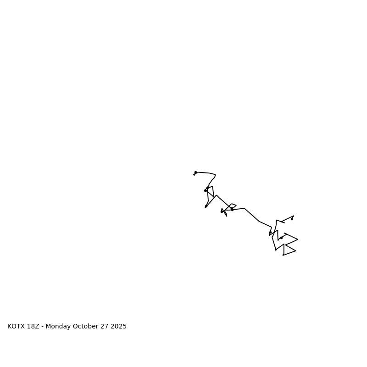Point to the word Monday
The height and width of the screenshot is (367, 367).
(x=58, y=327)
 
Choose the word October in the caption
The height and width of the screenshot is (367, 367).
(x=85, y=327)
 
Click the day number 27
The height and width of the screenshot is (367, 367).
(x=105, y=327)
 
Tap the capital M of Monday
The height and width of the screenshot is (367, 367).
(x=48, y=327)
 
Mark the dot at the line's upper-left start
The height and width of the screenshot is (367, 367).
(x=195, y=172)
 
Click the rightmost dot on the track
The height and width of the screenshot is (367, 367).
(x=292, y=219)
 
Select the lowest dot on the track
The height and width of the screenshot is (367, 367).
(x=281, y=238)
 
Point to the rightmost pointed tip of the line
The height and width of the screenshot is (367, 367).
(x=298, y=239)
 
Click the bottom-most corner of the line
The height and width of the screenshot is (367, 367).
(x=283, y=255)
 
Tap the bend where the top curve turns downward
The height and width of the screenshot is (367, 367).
(x=215, y=175)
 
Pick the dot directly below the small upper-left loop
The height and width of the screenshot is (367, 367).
(x=206, y=206)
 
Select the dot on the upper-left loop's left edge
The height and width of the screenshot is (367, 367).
(x=205, y=190)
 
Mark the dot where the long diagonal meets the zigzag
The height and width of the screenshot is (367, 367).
(x=270, y=233)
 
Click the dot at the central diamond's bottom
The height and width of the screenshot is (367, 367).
(x=232, y=210)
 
